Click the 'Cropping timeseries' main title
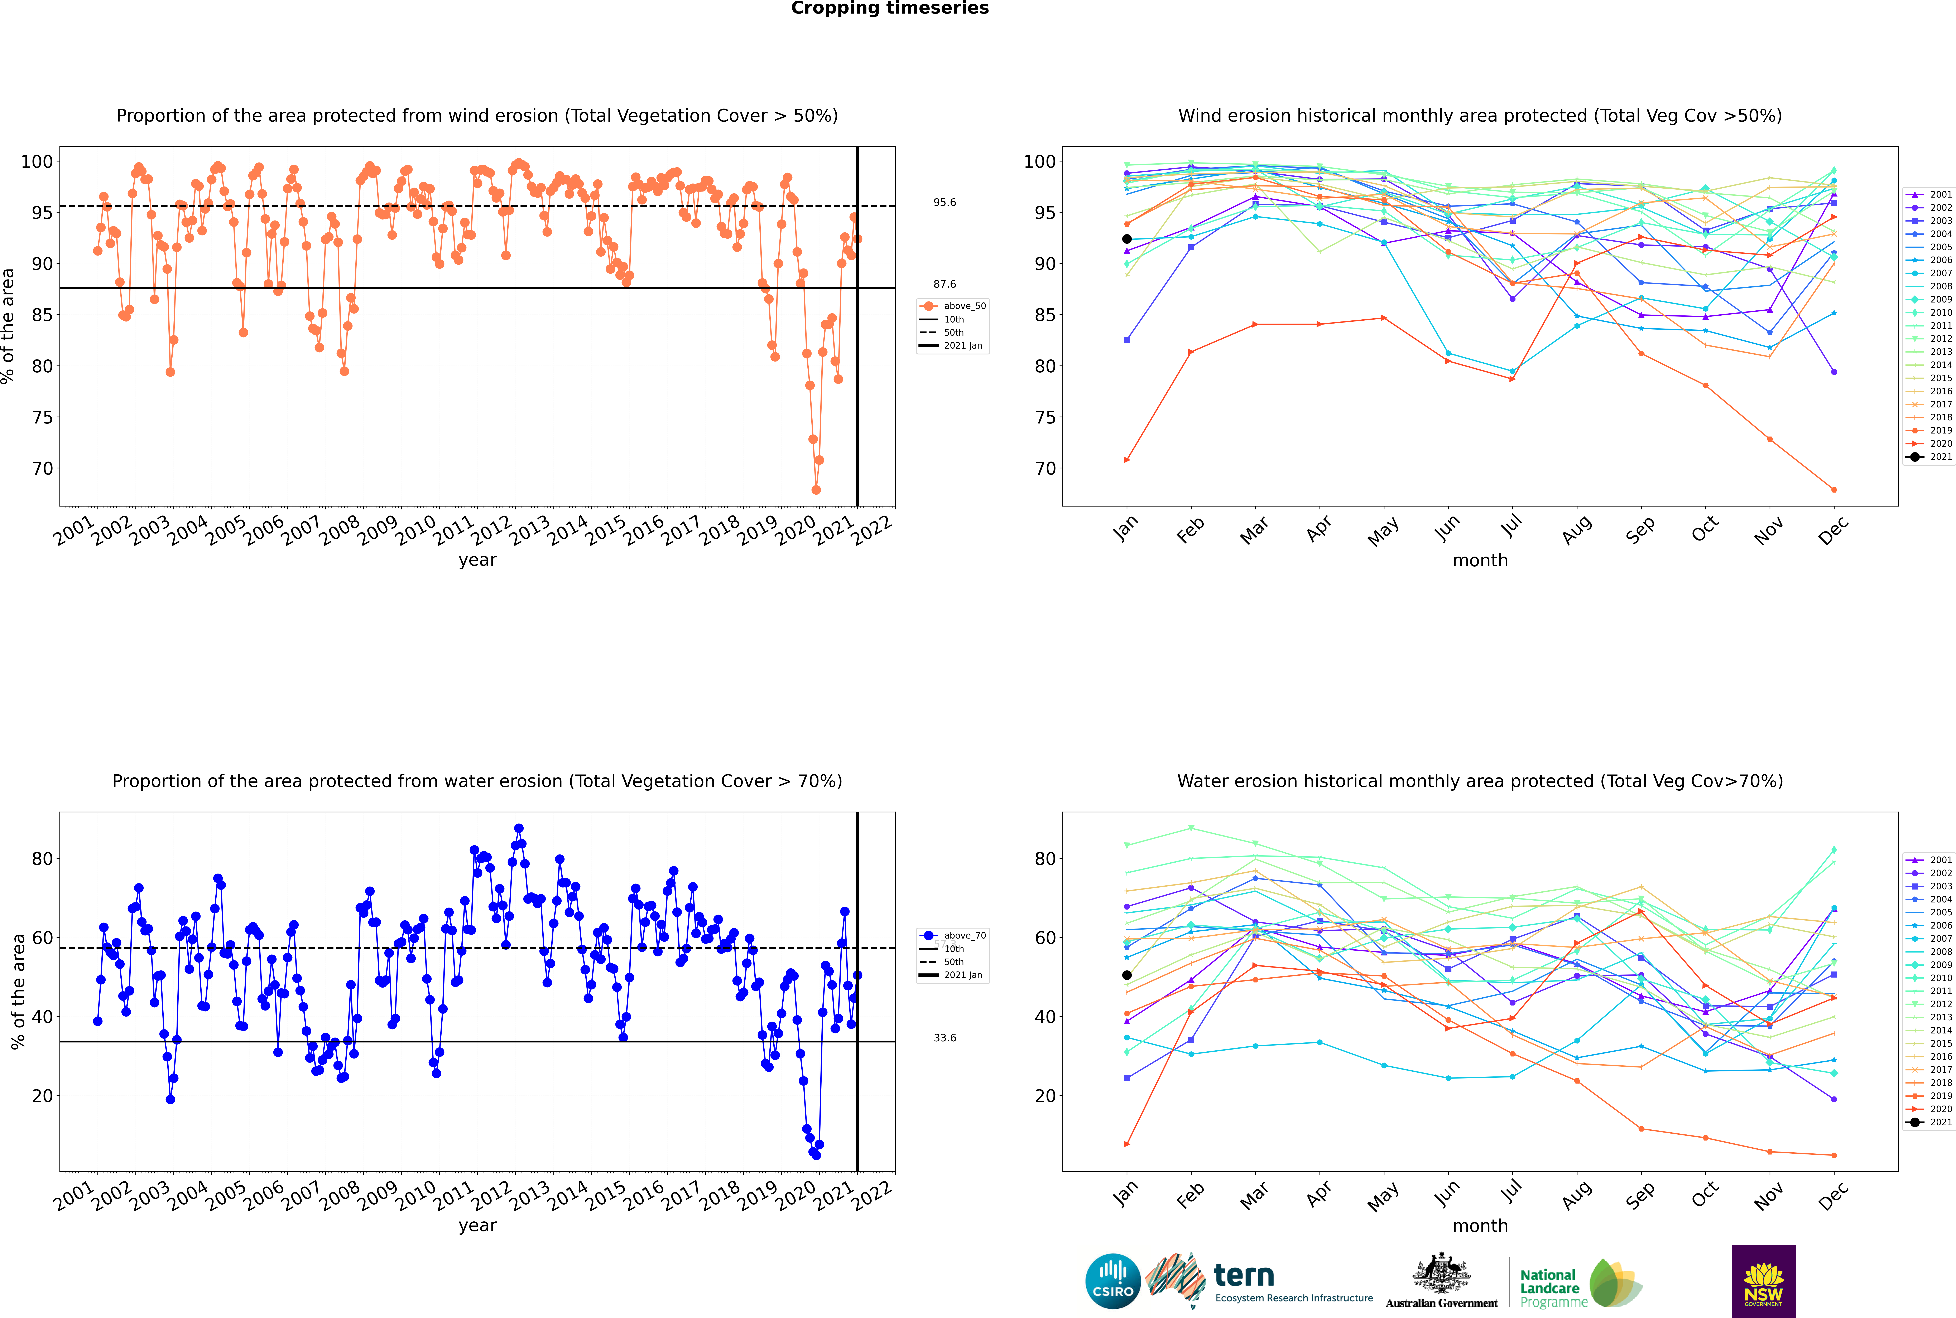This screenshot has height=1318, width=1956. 890,8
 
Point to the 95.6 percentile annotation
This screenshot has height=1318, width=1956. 944,203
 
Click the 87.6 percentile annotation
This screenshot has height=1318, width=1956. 944,284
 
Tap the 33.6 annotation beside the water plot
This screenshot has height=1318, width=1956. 944,1038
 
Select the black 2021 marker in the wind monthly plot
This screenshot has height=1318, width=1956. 1127,239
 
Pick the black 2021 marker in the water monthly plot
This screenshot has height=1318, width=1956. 1127,975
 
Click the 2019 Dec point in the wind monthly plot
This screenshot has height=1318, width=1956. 1834,490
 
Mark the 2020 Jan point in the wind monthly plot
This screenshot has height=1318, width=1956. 1127,460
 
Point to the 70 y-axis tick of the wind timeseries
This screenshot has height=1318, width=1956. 43,469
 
